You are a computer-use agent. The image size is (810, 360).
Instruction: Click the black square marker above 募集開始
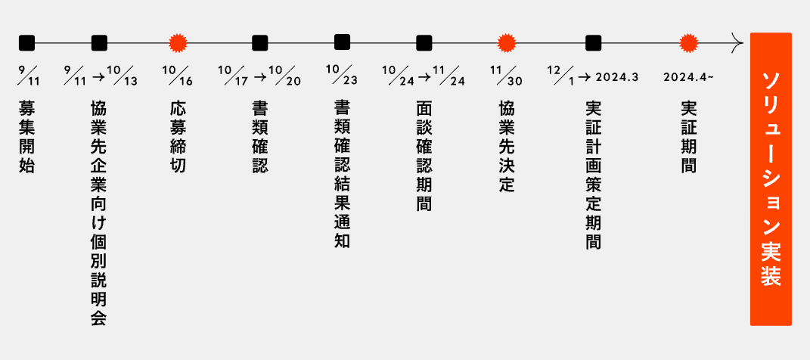click(26, 42)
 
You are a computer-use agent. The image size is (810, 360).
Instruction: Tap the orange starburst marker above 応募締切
click(178, 42)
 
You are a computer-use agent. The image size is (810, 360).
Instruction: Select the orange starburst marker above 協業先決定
click(506, 42)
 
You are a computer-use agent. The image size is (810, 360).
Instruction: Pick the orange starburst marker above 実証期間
click(687, 42)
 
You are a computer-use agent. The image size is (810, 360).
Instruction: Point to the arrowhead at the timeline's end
click(737, 42)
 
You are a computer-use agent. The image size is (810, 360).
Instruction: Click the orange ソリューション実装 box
click(771, 179)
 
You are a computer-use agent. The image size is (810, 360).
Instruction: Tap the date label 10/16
click(178, 76)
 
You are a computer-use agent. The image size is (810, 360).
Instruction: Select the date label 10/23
click(342, 76)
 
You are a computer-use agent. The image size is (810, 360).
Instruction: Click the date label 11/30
click(506, 76)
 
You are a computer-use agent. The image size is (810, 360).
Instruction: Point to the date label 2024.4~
click(688, 77)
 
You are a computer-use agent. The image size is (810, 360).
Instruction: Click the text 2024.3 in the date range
click(617, 77)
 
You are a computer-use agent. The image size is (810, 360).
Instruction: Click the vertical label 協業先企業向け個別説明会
click(98, 212)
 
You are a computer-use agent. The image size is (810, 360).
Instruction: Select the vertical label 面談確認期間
click(424, 155)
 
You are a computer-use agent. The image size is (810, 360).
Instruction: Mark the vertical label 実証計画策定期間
click(594, 174)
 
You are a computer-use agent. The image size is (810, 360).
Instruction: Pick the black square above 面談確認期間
click(424, 42)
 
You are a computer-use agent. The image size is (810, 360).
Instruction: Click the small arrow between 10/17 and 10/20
click(259, 76)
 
